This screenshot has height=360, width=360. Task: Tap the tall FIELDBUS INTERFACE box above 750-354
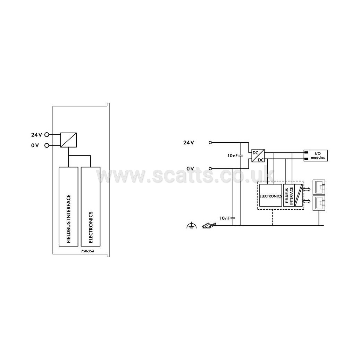point(68,206)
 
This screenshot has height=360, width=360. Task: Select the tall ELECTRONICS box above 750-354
point(90,206)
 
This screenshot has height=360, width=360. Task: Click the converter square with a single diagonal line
point(68,140)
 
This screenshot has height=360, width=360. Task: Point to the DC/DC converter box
point(258,155)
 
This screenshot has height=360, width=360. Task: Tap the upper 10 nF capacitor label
point(233,156)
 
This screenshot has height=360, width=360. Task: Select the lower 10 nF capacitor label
point(225,218)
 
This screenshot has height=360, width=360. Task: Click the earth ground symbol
point(191,226)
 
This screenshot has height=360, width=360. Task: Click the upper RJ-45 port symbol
point(319,187)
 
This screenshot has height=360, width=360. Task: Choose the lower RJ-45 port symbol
point(319,202)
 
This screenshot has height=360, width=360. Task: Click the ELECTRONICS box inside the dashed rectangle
point(271,196)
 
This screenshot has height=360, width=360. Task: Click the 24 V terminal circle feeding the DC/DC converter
point(210,142)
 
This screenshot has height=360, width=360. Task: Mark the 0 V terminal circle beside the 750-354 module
point(47,145)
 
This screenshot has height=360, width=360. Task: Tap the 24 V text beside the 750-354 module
point(36,134)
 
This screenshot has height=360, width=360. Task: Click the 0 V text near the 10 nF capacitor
point(190,169)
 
